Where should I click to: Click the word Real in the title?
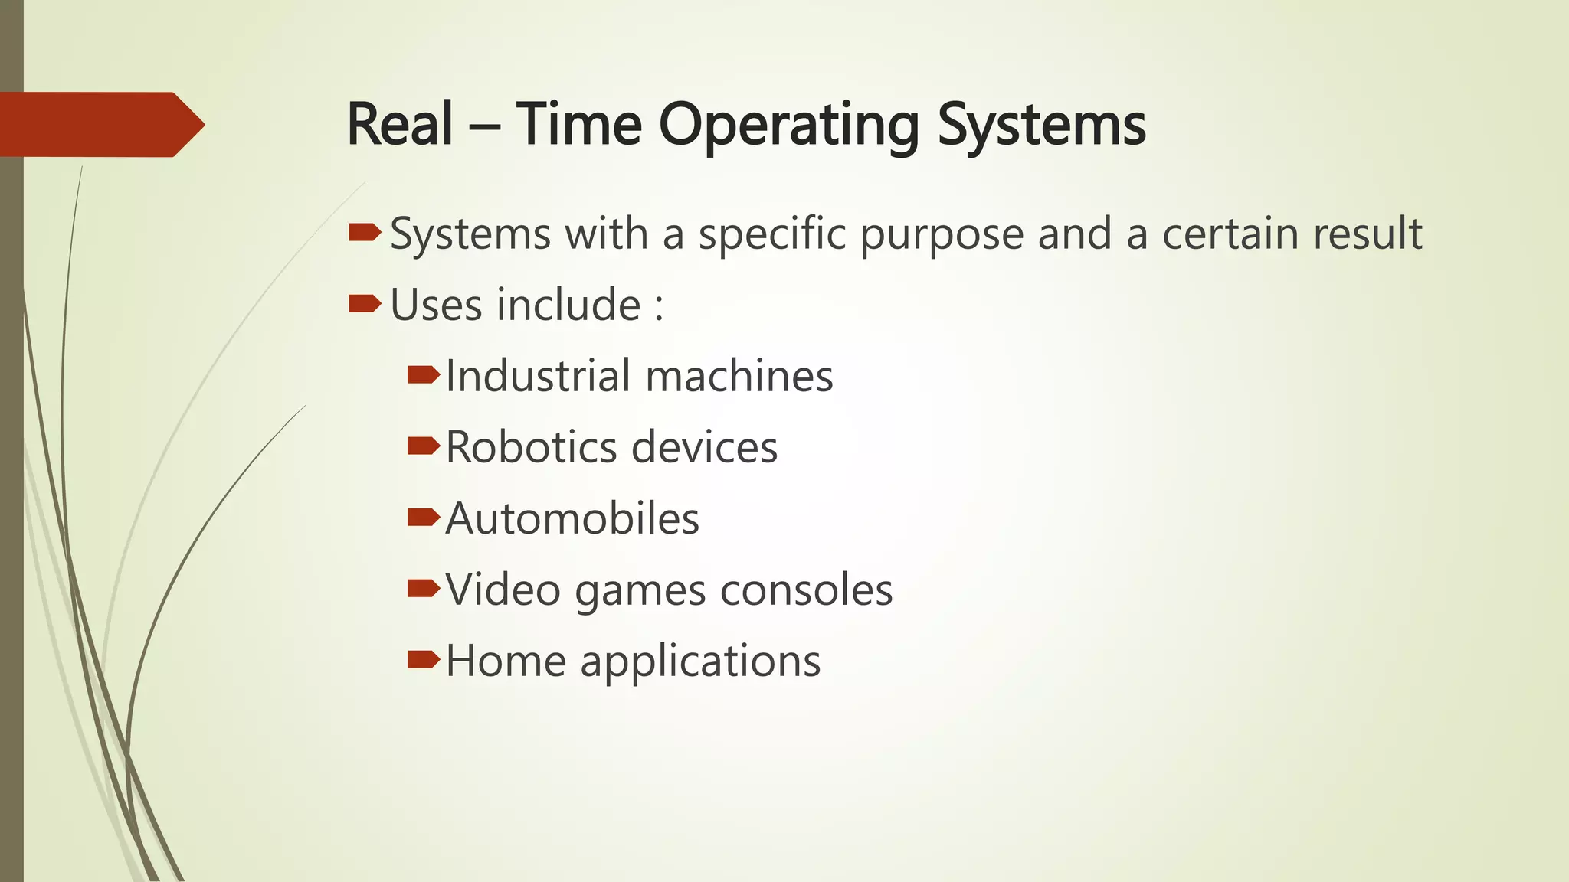point(400,125)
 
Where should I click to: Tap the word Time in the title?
point(578,125)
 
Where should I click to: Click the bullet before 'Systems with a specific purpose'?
point(364,232)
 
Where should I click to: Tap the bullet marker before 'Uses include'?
point(364,304)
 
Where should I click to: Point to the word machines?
point(739,376)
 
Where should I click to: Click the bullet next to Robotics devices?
point(423,446)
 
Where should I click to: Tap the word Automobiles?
point(572,518)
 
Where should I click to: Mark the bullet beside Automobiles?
point(423,518)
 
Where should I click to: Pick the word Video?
point(503,590)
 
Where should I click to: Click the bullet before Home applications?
point(423,659)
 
